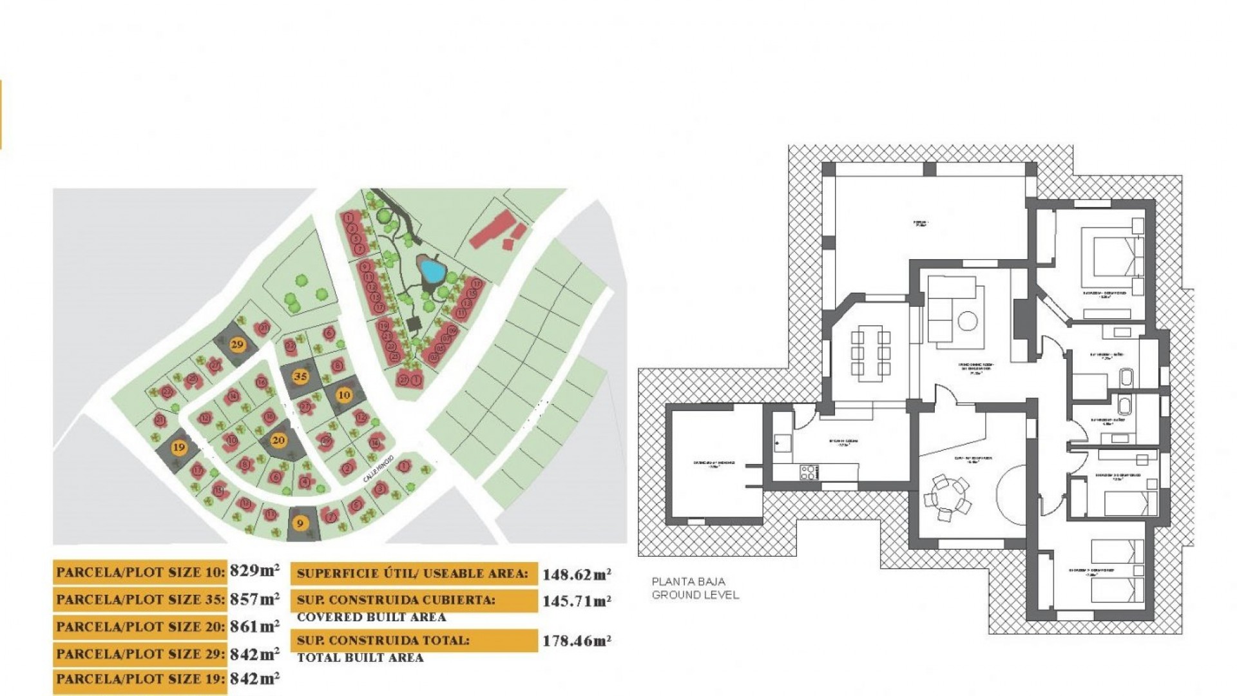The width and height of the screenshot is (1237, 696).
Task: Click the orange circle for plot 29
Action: (x=237, y=344)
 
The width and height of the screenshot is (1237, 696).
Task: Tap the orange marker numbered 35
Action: (x=300, y=376)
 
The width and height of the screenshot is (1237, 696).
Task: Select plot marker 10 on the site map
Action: (x=344, y=394)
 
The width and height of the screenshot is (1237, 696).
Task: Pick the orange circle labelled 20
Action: (x=278, y=441)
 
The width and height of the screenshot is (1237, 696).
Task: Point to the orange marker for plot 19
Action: (x=179, y=447)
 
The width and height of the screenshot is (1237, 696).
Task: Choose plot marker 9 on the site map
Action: (x=299, y=523)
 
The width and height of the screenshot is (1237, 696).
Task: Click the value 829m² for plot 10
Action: (x=254, y=571)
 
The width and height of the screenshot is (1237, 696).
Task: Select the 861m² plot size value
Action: (x=254, y=626)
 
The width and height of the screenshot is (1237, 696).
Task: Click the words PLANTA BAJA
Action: (x=688, y=581)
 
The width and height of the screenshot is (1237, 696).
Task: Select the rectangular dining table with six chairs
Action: (x=870, y=352)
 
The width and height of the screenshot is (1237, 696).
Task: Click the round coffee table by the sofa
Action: (x=968, y=320)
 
